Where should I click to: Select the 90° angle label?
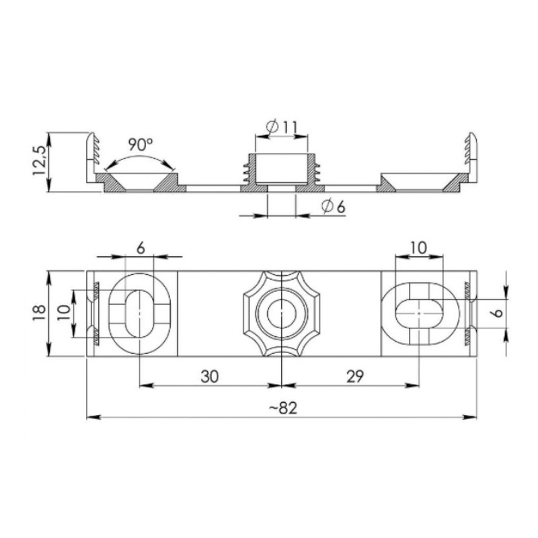tap(141, 145)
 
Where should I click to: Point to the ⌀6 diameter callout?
tap(333, 207)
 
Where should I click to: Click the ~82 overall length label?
tap(281, 408)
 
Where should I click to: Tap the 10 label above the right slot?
tap(418, 247)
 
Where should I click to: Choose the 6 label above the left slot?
tap(140, 247)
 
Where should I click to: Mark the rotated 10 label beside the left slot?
tap(64, 313)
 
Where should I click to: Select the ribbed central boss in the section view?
tap(281, 169)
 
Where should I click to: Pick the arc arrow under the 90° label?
tap(141, 159)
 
